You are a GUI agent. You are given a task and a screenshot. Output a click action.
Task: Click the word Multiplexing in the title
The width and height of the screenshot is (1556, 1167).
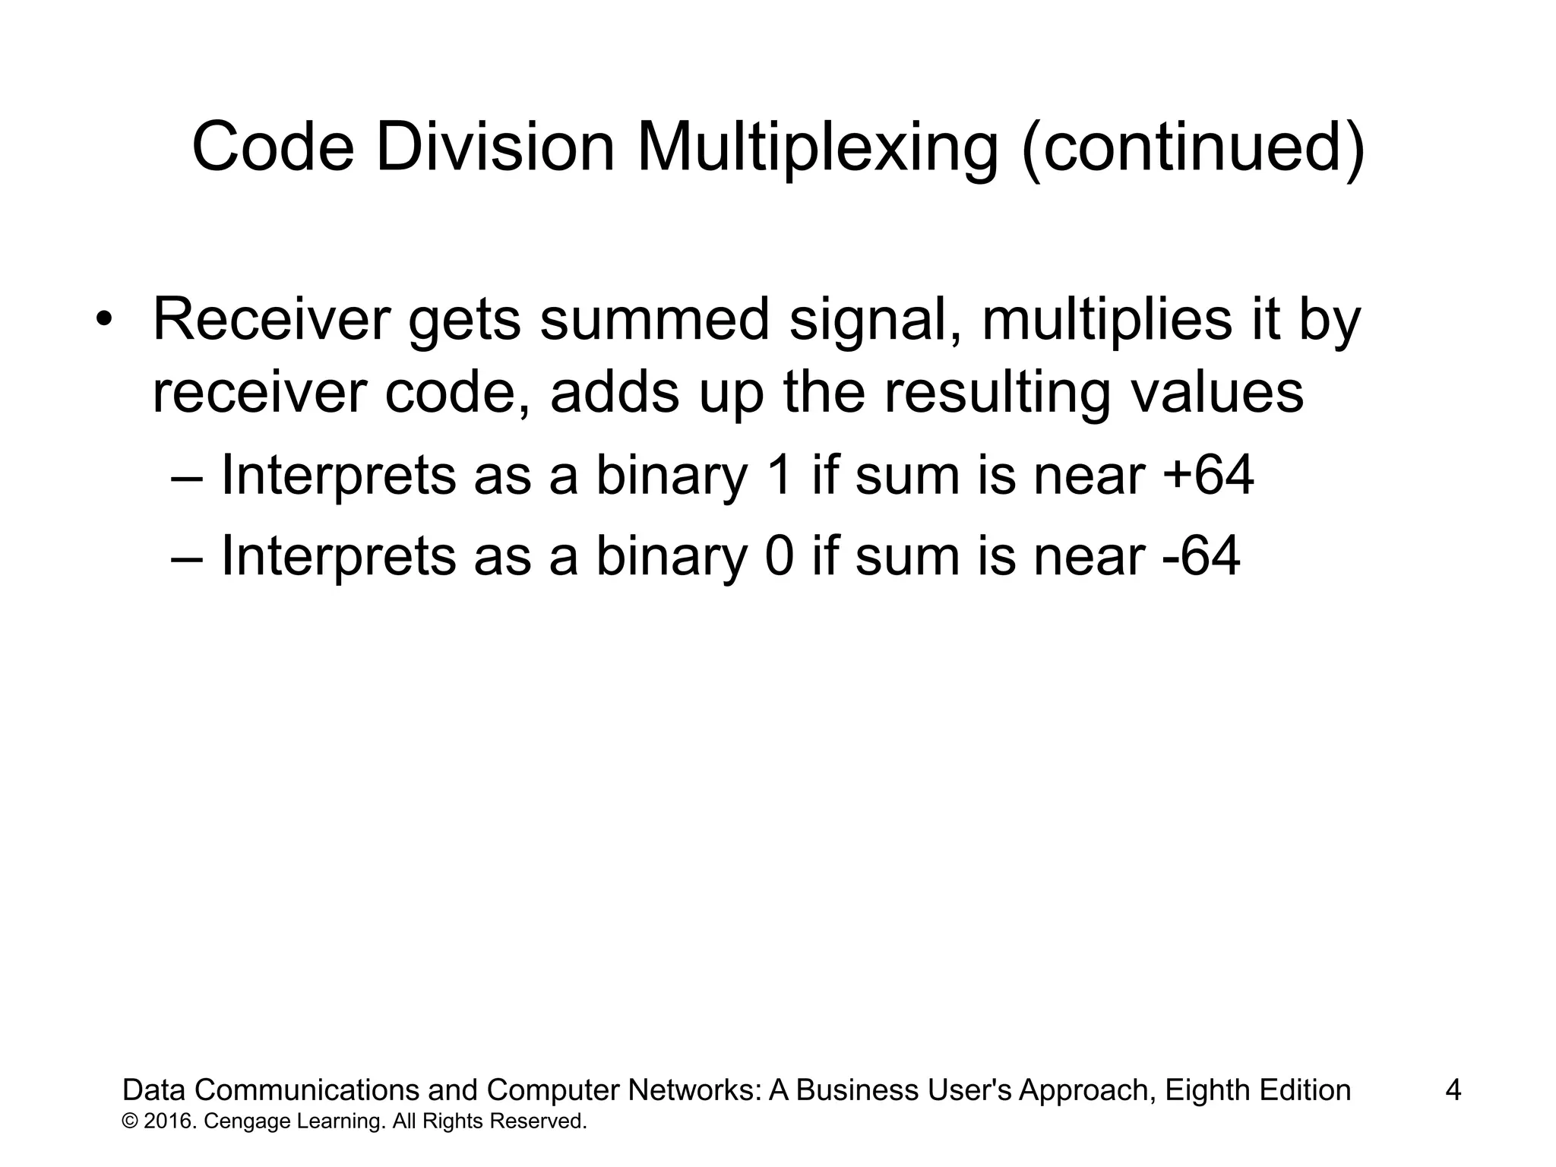[x=818, y=148]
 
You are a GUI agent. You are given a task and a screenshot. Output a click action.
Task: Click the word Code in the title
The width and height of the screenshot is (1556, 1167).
[x=273, y=148]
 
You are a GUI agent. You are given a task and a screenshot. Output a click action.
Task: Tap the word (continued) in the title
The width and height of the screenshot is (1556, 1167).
[x=1193, y=148]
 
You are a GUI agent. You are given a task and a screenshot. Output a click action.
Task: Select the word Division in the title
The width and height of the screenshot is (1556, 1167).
[x=495, y=148]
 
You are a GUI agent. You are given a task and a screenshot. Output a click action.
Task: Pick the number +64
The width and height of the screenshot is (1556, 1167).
[x=1208, y=476]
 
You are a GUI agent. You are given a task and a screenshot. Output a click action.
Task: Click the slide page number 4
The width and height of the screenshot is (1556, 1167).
[x=1453, y=1090]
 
